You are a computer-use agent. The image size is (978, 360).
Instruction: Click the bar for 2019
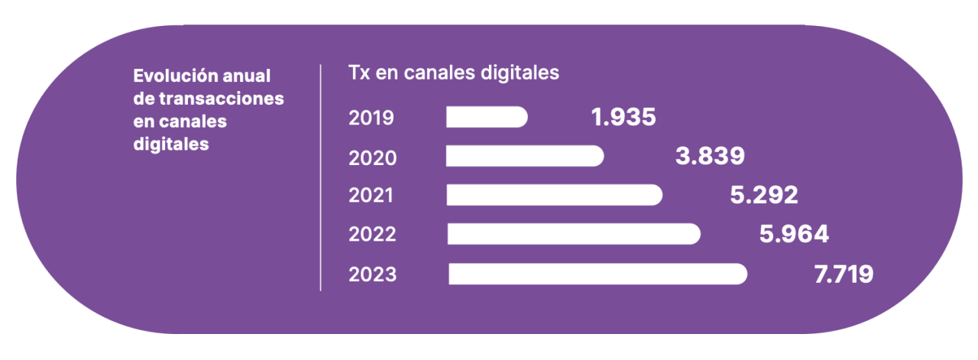tap(487, 117)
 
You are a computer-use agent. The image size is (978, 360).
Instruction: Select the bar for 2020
tap(525, 156)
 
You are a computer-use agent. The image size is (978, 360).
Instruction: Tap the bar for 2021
tap(554, 195)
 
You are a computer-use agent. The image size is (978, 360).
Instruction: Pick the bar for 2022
tap(573, 234)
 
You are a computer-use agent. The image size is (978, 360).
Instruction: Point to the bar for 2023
tap(597, 274)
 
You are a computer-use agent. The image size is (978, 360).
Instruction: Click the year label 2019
tap(371, 118)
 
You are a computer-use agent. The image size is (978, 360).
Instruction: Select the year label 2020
tap(373, 157)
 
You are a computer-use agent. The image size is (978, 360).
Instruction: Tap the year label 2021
tap(371, 196)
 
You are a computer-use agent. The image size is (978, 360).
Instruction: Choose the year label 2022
tap(373, 235)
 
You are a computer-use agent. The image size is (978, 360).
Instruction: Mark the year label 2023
tap(373, 274)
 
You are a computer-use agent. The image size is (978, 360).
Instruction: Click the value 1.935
tap(623, 117)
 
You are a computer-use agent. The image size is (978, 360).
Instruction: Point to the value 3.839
tap(710, 156)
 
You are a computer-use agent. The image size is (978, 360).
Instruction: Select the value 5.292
tap(764, 195)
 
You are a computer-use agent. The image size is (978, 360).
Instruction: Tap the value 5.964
tap(794, 234)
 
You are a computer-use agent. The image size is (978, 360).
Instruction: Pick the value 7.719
tap(844, 274)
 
